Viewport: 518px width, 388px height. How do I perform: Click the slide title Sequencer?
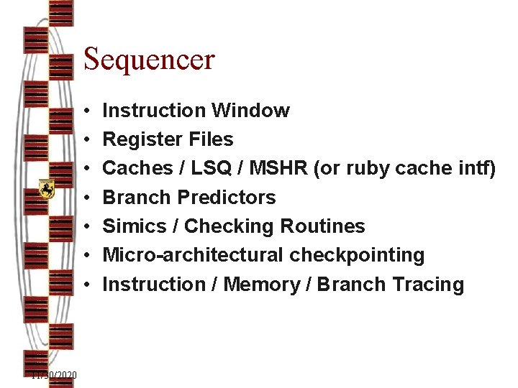point(149,59)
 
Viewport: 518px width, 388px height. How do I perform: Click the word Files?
point(209,139)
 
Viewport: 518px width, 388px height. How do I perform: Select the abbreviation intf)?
point(476,168)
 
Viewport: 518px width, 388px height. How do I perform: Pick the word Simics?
point(135,226)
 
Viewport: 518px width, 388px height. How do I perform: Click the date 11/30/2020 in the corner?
point(55,376)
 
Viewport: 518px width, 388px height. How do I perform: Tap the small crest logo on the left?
point(47,189)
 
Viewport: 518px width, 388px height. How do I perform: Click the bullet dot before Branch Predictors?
point(86,198)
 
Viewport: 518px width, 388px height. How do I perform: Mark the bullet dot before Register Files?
point(86,139)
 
